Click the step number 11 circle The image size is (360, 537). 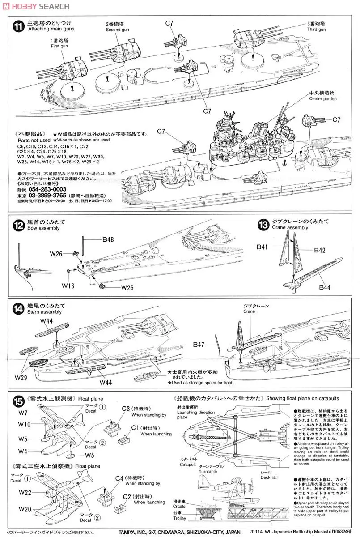coord(17,26)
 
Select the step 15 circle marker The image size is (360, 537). coord(17,400)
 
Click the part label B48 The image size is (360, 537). coord(108,240)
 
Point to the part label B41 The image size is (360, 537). coord(263,247)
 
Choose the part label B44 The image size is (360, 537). coord(324,287)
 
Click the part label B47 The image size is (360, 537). coord(199,345)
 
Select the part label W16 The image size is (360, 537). coord(68,285)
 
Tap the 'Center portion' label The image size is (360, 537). coord(322,99)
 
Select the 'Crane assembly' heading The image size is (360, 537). coord(290,228)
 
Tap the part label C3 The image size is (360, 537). coord(127,408)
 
